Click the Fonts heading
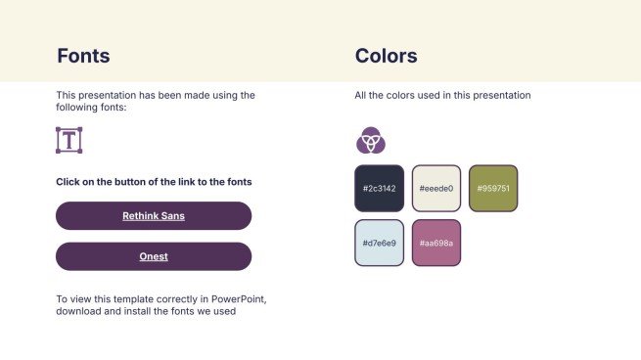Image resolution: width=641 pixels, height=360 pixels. (83, 56)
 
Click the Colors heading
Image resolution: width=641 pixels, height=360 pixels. (386, 56)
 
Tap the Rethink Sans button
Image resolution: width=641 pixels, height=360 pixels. (154, 215)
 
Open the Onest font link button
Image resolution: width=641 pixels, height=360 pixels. (154, 256)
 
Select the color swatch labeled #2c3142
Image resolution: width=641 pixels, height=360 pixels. (379, 188)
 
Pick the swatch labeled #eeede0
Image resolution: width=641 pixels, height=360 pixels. (436, 188)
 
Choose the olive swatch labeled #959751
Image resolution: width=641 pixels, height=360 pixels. (493, 188)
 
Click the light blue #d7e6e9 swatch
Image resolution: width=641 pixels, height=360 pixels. (379, 243)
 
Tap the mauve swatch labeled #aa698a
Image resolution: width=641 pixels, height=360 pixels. (436, 243)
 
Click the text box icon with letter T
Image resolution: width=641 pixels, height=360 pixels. (69, 140)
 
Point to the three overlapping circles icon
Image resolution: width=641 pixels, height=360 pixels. (370, 141)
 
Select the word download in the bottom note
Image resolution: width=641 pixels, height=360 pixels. (78, 312)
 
